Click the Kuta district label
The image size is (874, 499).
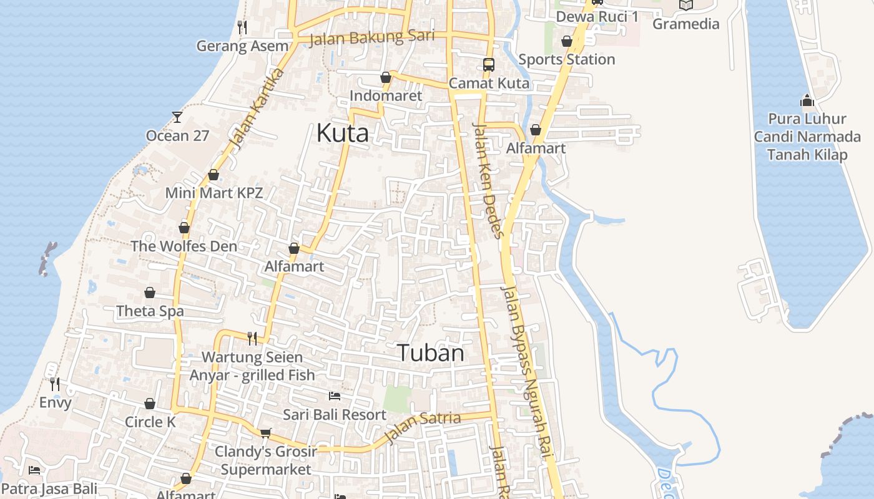342,133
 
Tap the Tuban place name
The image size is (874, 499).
431,353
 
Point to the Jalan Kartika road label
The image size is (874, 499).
257,109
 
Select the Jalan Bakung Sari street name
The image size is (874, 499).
371,37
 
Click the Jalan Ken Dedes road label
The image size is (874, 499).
488,181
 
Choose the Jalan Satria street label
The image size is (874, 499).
423,427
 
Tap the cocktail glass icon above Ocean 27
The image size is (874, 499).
177,117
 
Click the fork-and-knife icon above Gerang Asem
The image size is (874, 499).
242,27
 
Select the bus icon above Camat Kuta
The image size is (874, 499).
488,64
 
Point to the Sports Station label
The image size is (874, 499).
567,59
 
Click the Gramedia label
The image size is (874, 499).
686,24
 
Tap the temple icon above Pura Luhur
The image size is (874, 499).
807,100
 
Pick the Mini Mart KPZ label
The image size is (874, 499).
214,193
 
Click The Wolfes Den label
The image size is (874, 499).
184,246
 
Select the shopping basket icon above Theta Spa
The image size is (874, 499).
150,293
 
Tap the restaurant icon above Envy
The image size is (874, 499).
55,384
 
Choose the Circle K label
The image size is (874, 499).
150,422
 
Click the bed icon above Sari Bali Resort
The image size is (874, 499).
335,396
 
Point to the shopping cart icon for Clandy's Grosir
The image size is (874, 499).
266,433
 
